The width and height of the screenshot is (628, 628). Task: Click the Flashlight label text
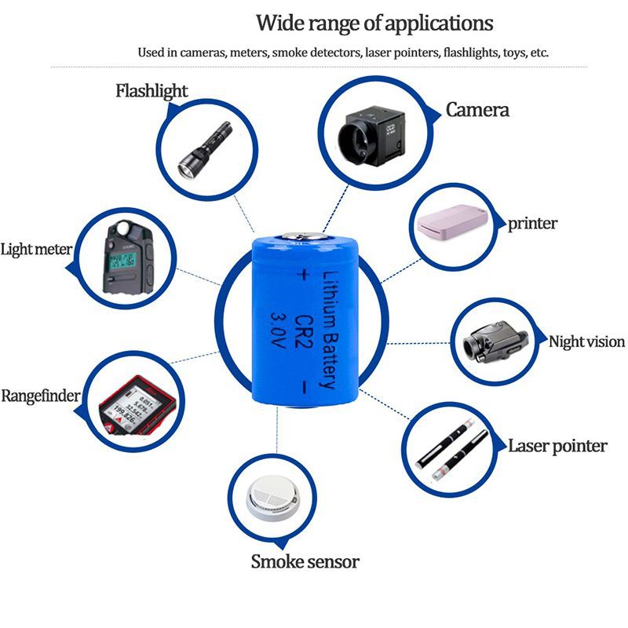pos(152,91)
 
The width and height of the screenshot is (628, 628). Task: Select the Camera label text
pos(477,110)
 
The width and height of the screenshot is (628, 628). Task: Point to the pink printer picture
pos(453,225)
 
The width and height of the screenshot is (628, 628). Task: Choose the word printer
pos(532,224)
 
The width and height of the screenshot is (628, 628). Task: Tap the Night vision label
pos(586,341)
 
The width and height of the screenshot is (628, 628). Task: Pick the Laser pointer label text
pos(557,447)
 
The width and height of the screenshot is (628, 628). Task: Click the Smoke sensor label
pos(305,562)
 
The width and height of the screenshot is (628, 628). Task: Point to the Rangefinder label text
pos(40,396)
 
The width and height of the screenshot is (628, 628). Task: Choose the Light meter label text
pos(36,250)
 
